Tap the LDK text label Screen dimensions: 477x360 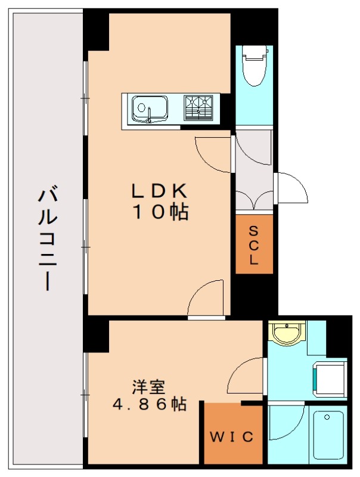click(160, 191)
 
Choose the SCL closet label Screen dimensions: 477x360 click(254, 244)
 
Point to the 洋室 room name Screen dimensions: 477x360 click(148, 386)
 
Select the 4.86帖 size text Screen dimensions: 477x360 click(148, 404)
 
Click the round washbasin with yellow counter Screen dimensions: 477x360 click(287, 332)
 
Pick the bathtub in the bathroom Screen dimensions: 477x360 click(328, 433)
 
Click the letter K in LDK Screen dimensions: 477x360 click(181, 191)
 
